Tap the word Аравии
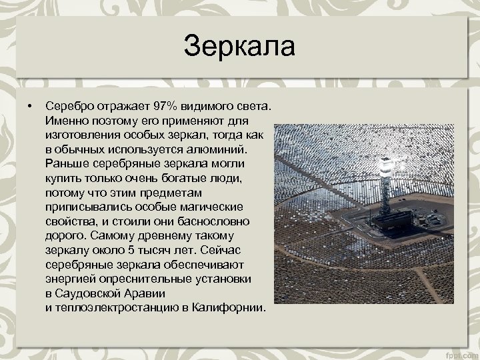pyautogui.click(x=146, y=295)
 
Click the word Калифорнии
pyautogui.click(x=228, y=309)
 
